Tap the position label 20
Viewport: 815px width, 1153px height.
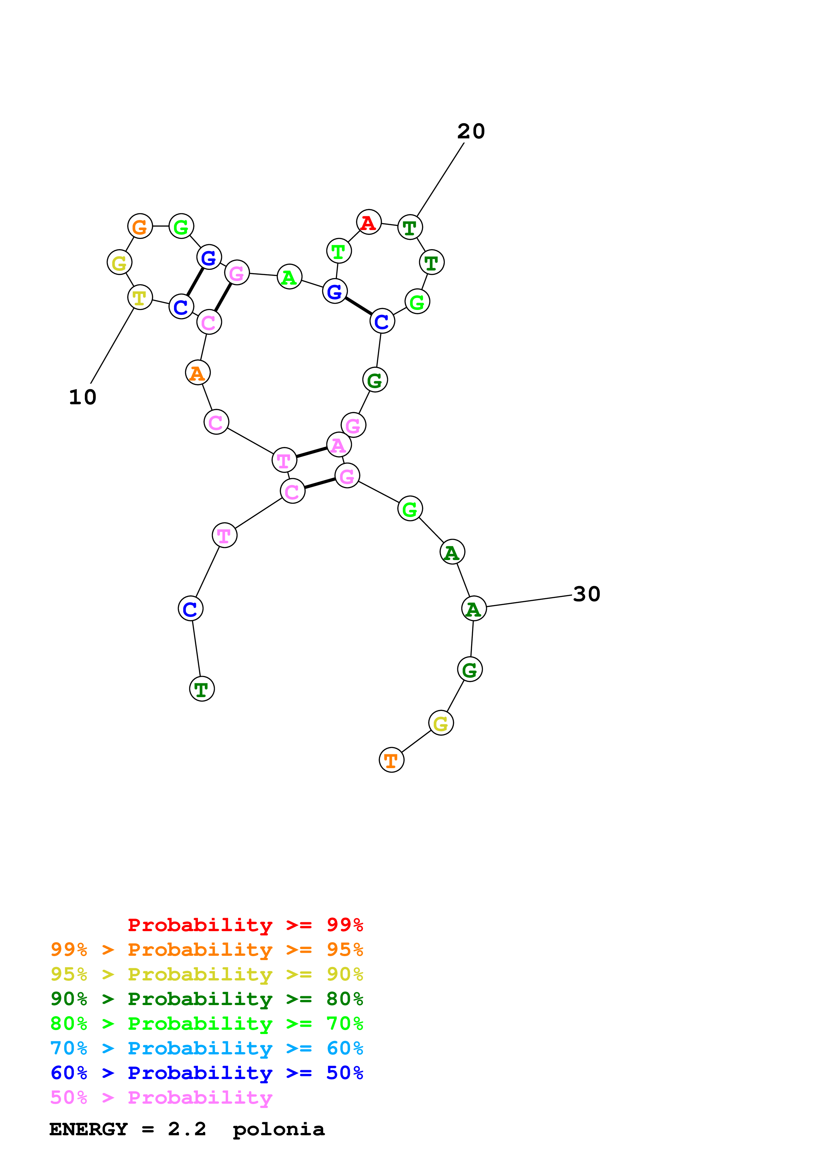click(x=470, y=131)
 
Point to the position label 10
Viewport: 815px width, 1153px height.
click(x=82, y=397)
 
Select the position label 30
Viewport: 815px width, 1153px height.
click(x=586, y=594)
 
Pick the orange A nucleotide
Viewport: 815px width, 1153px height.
click(x=198, y=373)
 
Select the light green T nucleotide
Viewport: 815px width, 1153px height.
click(x=339, y=251)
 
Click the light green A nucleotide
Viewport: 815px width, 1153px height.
click(x=289, y=277)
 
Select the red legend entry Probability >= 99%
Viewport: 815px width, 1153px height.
click(x=245, y=925)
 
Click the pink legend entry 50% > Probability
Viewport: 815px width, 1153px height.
click(x=161, y=1098)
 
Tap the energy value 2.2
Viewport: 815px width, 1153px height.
click(x=187, y=1129)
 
